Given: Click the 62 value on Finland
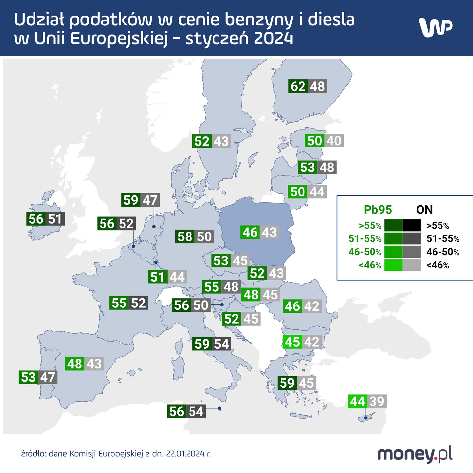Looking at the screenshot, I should [298, 87].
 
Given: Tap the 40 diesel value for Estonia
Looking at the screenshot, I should [334, 141].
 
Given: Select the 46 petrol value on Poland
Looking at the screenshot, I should [250, 232].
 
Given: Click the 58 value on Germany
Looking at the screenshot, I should [185, 236].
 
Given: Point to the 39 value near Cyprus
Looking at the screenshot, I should [377, 401].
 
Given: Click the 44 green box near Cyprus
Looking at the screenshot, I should [357, 401].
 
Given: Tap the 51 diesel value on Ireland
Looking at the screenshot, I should [55, 219].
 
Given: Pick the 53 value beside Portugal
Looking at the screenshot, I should [28, 377].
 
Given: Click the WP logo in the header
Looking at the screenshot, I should [436, 28].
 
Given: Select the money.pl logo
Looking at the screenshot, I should [415, 454].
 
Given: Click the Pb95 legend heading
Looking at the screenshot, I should [378, 210].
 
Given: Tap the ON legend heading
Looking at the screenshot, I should [424, 210].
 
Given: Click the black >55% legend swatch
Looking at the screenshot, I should [412, 226].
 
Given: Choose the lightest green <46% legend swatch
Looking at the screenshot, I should [393, 265].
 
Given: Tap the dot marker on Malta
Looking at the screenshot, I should [220, 409].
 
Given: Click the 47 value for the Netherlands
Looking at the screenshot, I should [150, 200].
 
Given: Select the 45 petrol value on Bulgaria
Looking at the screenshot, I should [292, 342].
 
